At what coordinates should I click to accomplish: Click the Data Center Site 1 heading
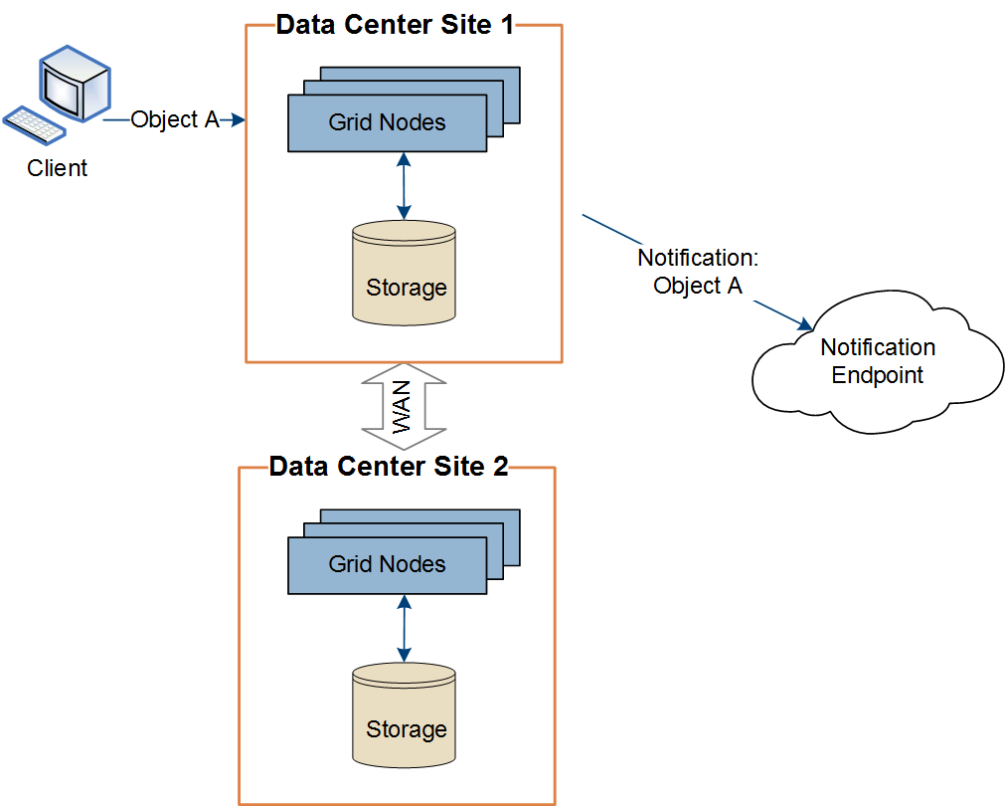pyautogui.click(x=395, y=25)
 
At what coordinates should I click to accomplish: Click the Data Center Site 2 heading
pyautogui.click(x=389, y=467)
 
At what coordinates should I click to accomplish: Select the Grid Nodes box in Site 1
pyautogui.click(x=388, y=123)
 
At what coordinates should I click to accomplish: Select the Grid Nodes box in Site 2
pyautogui.click(x=388, y=565)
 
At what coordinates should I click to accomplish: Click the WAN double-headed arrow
pyautogui.click(x=403, y=407)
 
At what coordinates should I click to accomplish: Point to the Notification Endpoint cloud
pyautogui.click(x=878, y=363)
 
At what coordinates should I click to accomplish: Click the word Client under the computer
pyautogui.click(x=58, y=168)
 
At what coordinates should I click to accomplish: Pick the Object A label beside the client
pyautogui.click(x=175, y=119)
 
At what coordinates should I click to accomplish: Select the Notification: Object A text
pyautogui.click(x=698, y=272)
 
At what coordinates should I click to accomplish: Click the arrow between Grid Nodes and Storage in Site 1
pyautogui.click(x=404, y=185)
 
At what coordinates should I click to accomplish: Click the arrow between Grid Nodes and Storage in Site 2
pyautogui.click(x=404, y=628)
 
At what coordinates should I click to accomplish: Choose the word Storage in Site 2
pyautogui.click(x=406, y=729)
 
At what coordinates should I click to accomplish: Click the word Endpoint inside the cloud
pyautogui.click(x=878, y=375)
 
